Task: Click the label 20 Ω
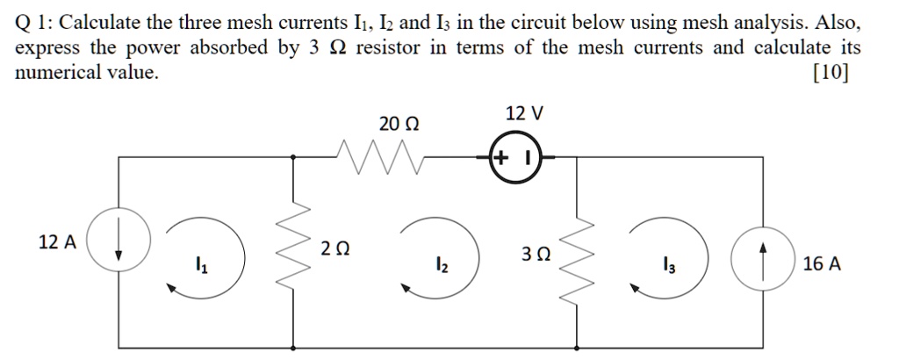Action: [399, 125]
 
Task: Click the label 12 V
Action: [524, 113]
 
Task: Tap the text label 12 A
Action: [58, 241]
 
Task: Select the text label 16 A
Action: [822, 263]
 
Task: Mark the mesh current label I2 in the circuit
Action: [442, 264]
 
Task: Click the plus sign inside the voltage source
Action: [500, 159]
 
